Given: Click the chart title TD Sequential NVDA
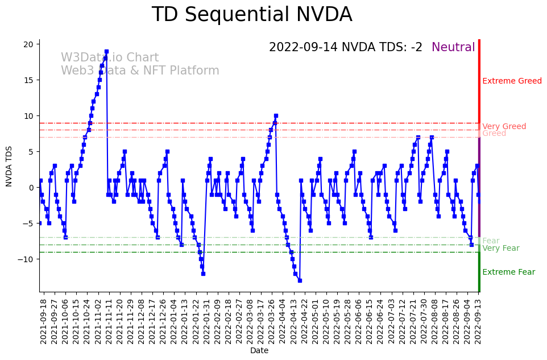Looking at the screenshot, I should (252, 15).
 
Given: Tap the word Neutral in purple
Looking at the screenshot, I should (453, 48).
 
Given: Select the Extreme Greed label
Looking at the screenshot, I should (512, 81).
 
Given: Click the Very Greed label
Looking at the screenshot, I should (504, 126).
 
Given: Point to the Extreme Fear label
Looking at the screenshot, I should (508, 272).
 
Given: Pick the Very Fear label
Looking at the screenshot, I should (500, 249).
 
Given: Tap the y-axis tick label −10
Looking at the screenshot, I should (28, 259).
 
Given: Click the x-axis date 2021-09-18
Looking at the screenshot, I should (43, 321).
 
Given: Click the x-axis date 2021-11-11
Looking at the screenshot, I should (109, 321).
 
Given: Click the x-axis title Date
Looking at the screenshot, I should (259, 351).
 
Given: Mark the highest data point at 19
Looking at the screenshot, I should (106, 52).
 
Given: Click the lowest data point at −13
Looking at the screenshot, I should (300, 280).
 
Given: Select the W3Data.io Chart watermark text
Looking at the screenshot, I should (110, 58).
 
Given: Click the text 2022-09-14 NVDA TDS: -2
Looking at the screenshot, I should (346, 48).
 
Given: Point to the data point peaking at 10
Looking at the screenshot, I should (276, 116).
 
